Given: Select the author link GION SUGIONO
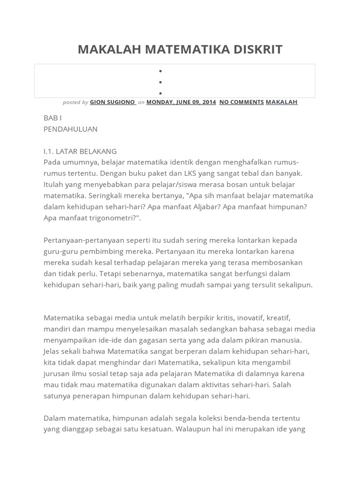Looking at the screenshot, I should (x=112, y=102).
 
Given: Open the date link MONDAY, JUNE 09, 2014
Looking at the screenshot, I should (x=181, y=102).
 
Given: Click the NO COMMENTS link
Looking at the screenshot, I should (x=241, y=102).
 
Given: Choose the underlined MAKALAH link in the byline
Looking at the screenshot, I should (x=282, y=102).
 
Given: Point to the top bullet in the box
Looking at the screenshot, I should (x=160, y=71).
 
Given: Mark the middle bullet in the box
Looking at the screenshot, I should (x=160, y=82).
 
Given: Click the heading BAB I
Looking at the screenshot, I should (x=52, y=118).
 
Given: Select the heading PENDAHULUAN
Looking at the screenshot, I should (x=70, y=129).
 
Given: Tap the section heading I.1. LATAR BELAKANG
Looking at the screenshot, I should (x=80, y=151).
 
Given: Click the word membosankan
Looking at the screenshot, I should (x=275, y=262).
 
